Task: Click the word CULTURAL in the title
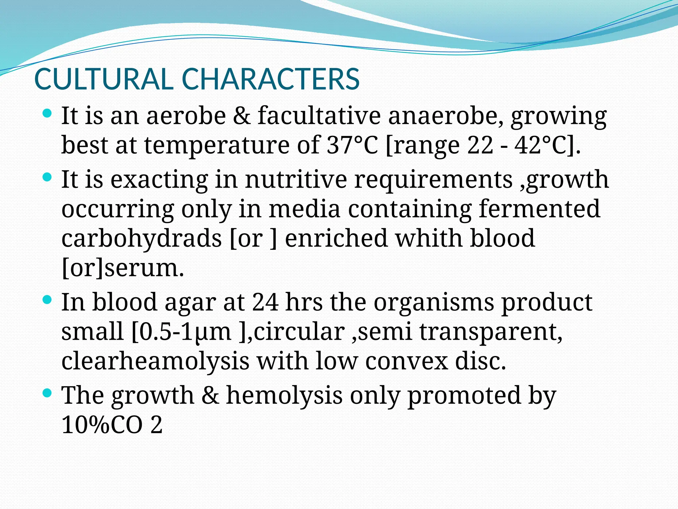104,79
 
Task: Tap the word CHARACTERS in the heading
270,79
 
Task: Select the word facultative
319,116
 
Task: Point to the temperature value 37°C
352,145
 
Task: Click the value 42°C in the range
542,145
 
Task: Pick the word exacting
159,179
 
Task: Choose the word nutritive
296,179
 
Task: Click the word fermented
539,209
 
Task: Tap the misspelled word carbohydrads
141,238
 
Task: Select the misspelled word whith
429,238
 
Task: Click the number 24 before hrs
265,302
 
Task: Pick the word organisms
434,302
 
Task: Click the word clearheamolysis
155,361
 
